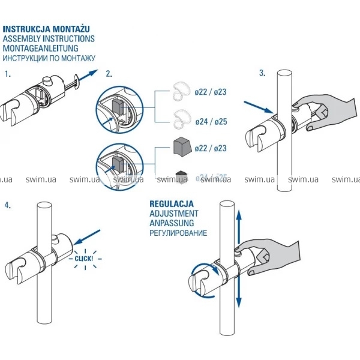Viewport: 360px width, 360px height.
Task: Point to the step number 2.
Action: click(109, 74)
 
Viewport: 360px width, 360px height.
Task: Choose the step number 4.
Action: click(7, 205)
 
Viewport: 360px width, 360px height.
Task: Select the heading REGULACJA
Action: click(172, 204)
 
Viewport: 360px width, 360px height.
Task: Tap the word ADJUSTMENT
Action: click(173, 214)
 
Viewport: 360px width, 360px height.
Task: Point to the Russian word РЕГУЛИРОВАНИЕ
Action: click(178, 233)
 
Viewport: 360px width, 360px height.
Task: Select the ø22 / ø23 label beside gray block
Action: click(211, 148)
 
